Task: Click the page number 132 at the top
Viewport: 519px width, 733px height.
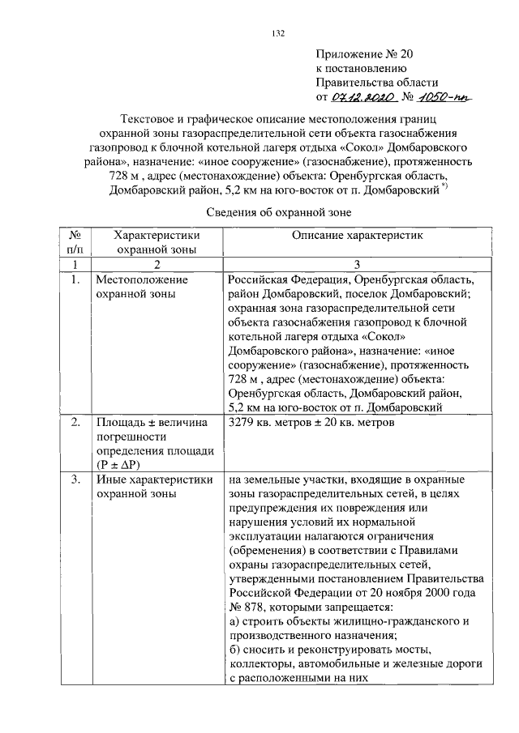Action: coord(277,33)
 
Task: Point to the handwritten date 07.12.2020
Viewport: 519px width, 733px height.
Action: coord(362,97)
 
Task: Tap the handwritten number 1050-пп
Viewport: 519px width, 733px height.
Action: coord(444,97)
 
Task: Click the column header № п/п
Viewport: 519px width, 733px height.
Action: coord(75,241)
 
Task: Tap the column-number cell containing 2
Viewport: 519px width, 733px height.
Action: coord(157,265)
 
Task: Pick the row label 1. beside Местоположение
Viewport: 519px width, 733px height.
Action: coord(75,280)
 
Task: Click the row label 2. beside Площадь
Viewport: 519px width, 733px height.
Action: coord(75,423)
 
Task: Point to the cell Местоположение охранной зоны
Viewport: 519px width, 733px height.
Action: coord(142,288)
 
